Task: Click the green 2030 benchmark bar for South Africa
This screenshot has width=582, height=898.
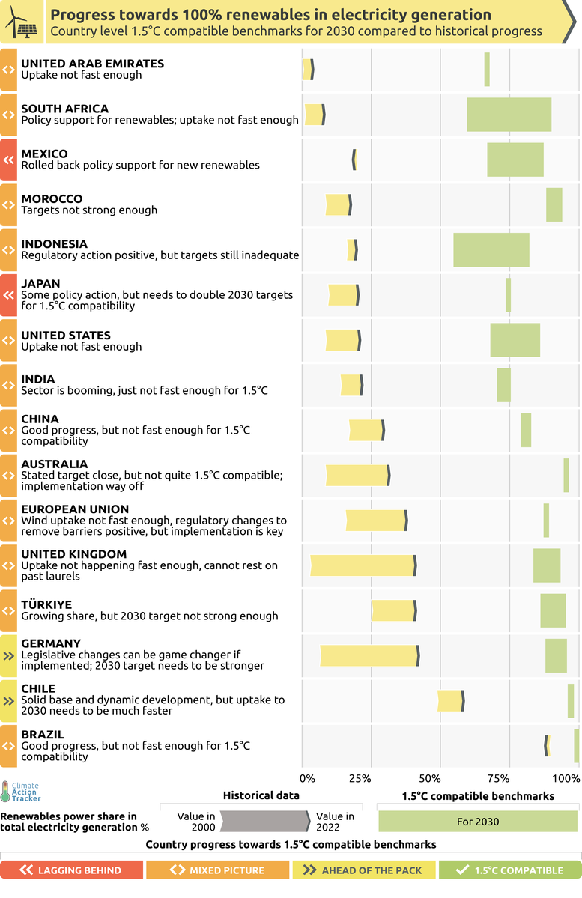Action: (x=509, y=115)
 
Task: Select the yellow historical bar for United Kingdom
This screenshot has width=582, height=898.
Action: (x=363, y=565)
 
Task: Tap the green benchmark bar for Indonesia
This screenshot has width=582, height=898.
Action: (x=491, y=249)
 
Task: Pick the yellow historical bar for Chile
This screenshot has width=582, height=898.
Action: (x=450, y=700)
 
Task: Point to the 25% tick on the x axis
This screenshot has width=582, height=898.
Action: (x=360, y=778)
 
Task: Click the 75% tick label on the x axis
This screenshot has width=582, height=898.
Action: (x=499, y=778)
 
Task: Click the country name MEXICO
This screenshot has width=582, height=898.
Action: (x=44, y=154)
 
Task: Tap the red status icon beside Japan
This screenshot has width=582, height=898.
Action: (x=8, y=295)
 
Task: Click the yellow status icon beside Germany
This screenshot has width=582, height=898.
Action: (x=8, y=655)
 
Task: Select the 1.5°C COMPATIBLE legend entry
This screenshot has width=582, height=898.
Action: (x=510, y=870)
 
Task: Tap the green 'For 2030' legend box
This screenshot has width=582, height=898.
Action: (x=478, y=822)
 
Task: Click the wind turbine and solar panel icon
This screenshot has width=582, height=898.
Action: (x=22, y=22)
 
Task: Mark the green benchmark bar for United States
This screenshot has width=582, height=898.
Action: (x=515, y=340)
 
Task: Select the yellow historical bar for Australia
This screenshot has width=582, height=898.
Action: (x=357, y=476)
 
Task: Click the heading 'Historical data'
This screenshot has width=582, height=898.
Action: (x=261, y=795)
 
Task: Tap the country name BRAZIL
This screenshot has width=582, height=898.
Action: (x=43, y=735)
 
